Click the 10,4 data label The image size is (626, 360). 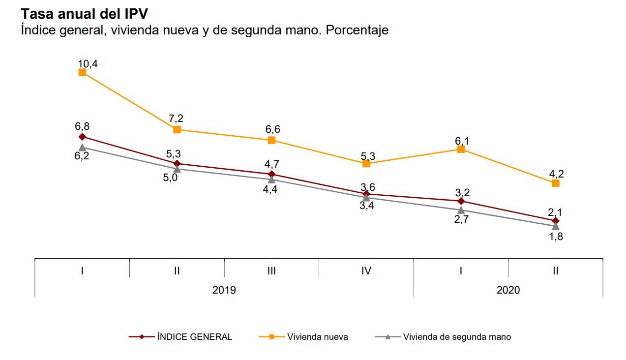[88, 63]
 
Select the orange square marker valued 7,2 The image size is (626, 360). [177, 129]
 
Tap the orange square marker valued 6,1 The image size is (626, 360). [461, 149]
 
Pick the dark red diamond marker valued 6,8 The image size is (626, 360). [82, 136]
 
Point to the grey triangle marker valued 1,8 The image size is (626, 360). [556, 226]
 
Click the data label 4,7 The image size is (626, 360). [272, 164]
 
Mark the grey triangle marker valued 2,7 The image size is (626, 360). [461, 210]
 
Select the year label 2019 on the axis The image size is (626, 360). [224, 290]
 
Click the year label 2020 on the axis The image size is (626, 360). [508, 290]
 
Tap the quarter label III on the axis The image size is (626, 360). [271, 270]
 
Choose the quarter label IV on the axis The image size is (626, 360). [366, 270]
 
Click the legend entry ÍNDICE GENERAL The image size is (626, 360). [194, 337]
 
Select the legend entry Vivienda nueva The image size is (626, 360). [318, 337]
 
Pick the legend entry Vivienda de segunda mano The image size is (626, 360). [456, 337]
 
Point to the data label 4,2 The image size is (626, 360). [556, 173]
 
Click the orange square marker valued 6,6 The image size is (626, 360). [271, 140]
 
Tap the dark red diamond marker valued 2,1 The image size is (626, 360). [556, 220]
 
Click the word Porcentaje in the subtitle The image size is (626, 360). [357, 30]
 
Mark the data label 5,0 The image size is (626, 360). [170, 178]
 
